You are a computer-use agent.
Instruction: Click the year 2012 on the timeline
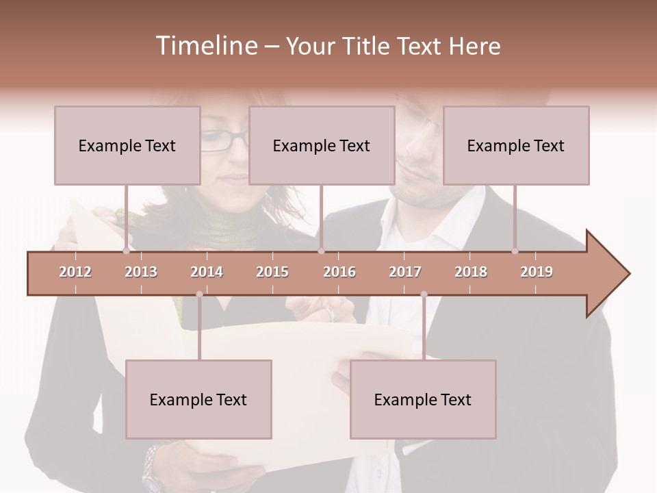[x=75, y=272]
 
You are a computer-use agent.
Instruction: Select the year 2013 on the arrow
[x=141, y=272]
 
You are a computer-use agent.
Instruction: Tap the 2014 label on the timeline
[x=207, y=272]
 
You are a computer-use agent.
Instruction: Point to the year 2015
[x=272, y=272]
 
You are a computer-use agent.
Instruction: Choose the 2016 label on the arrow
[x=339, y=272]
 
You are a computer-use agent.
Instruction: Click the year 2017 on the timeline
[x=405, y=272]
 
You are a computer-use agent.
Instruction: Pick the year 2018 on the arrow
[x=471, y=272]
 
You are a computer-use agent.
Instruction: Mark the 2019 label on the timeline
[x=537, y=272]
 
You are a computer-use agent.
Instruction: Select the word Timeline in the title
[x=205, y=46]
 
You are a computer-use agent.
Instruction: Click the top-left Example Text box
[x=127, y=145]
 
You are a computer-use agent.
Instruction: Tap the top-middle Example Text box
[x=322, y=145]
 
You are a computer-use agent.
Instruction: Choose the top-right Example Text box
[x=516, y=145]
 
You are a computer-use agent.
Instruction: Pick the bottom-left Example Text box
[x=198, y=399]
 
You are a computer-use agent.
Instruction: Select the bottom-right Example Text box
[x=423, y=399]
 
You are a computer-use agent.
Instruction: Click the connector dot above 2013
[x=126, y=251]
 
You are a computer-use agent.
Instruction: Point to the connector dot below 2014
[x=199, y=294]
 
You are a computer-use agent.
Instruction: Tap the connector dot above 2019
[x=515, y=251]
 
